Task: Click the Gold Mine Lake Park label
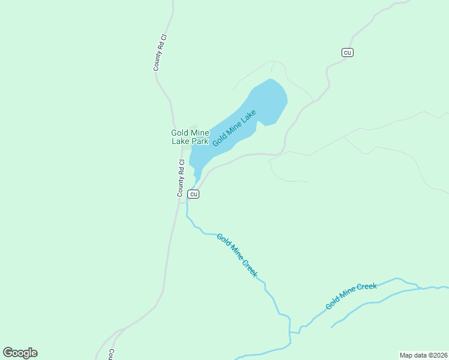(x=190, y=137)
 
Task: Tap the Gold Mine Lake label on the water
(x=234, y=127)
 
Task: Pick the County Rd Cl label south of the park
(x=180, y=178)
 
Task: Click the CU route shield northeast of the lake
(x=347, y=52)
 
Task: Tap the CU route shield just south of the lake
(x=193, y=194)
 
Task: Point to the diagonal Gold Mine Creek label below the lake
(x=237, y=255)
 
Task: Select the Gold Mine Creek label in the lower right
(x=351, y=296)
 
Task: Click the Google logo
(x=20, y=353)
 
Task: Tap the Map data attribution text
(x=423, y=355)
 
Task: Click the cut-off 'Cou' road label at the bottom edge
(x=112, y=354)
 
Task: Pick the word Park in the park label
(x=200, y=142)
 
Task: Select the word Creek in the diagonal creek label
(x=250, y=268)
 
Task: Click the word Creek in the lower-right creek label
(x=366, y=288)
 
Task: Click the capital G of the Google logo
(x=8, y=353)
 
